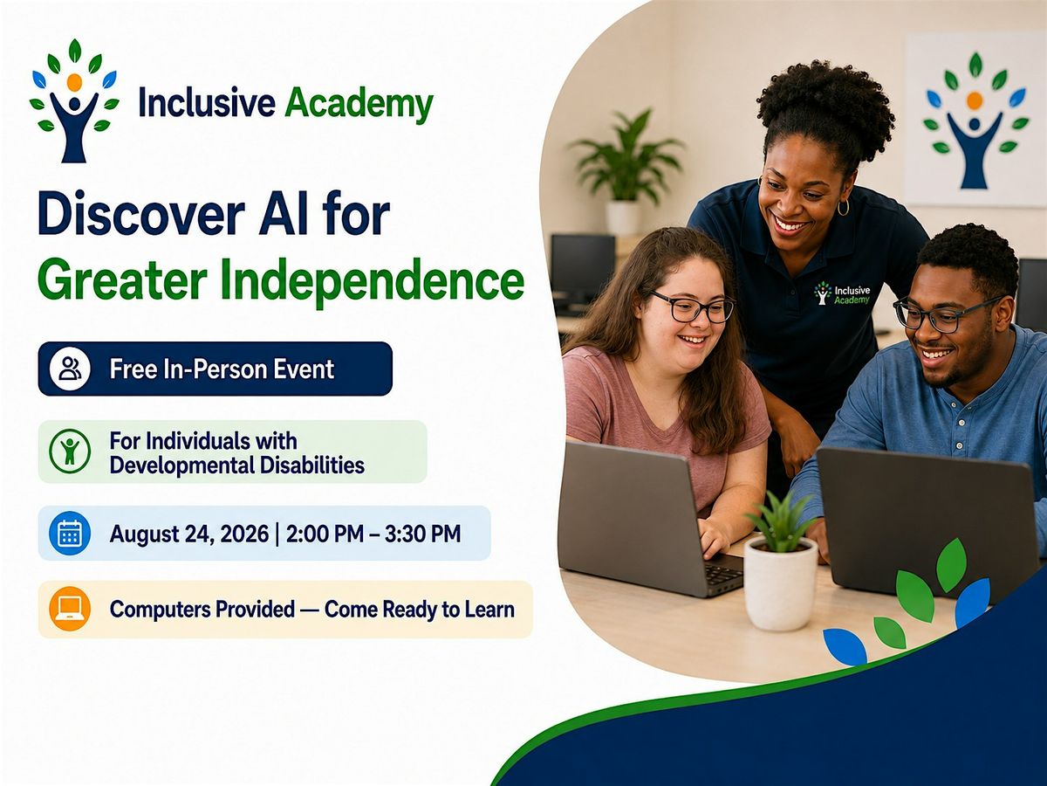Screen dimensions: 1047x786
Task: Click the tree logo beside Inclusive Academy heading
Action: [74, 100]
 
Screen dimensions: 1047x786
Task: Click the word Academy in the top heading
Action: [359, 105]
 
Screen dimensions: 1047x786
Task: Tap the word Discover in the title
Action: [141, 213]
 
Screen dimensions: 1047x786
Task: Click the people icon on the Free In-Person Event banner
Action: [70, 369]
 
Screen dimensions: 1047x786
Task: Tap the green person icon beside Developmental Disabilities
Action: [70, 452]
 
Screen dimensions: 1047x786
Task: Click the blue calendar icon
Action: [70, 533]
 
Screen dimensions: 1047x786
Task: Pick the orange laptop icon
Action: [70, 609]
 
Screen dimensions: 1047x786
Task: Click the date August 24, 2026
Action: [188, 534]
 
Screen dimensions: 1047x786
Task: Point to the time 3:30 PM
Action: [422, 534]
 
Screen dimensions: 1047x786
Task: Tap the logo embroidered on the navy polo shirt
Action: [842, 293]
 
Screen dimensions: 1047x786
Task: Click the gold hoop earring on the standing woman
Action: [843, 207]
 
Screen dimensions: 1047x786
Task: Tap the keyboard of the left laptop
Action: [723, 575]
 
